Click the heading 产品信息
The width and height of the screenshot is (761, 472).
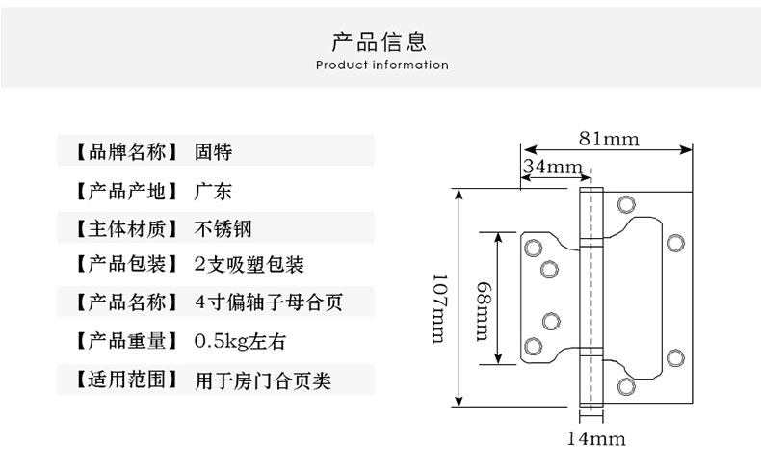pos(380,41)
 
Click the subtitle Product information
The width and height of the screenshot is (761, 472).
pos(381,66)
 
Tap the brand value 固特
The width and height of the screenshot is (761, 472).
pos(213,152)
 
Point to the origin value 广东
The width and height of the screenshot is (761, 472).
pos(213,190)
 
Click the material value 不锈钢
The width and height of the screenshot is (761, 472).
pos(223,228)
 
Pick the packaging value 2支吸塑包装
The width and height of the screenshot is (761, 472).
pos(249,265)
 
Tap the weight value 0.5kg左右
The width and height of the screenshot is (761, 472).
pos(241,341)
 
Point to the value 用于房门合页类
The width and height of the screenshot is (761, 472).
pos(263,380)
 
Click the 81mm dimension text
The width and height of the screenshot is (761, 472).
pos(608,138)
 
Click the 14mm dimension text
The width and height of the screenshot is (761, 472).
pos(595,440)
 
